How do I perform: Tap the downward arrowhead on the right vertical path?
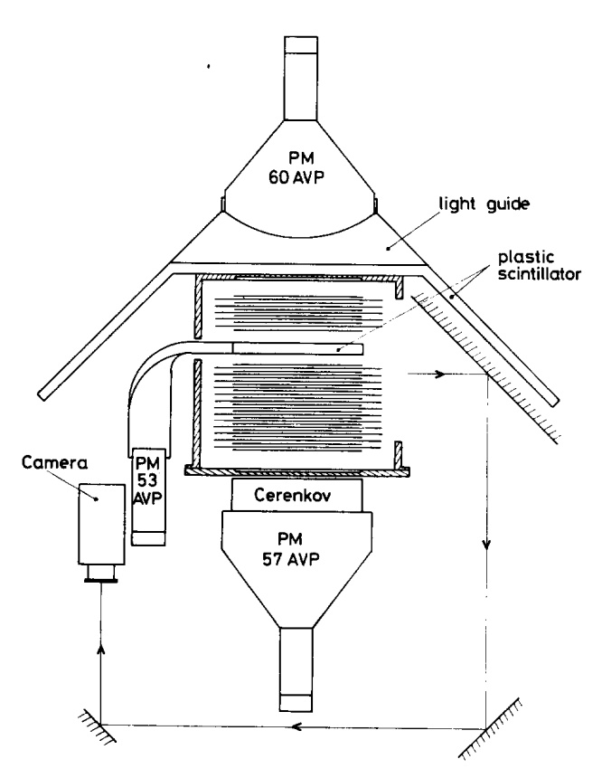[487, 546]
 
